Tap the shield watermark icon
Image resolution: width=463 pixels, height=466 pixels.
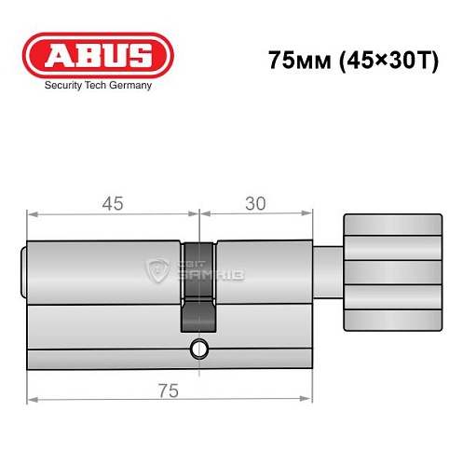click(156, 271)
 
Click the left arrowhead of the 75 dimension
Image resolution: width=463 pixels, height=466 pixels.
click(30, 400)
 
